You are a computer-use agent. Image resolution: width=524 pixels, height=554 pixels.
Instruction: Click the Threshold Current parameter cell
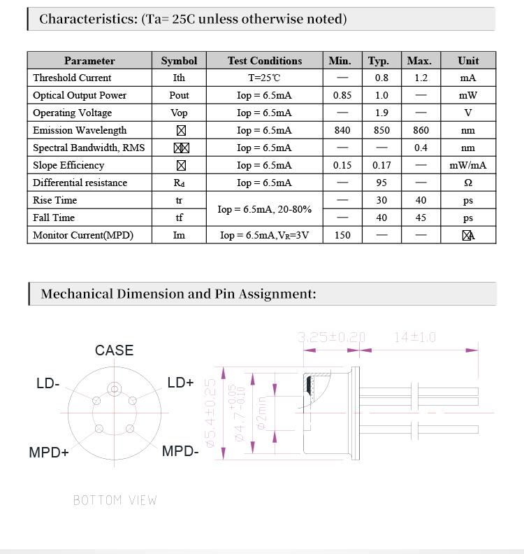coord(72,78)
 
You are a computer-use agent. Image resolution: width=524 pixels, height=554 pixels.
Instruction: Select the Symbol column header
coord(179,61)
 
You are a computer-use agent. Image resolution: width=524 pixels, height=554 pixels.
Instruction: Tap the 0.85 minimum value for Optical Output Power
coord(342,95)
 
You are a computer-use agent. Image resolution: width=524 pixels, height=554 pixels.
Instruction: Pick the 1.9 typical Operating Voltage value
coord(381,113)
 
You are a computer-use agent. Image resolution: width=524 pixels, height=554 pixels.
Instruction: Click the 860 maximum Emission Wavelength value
coord(421,130)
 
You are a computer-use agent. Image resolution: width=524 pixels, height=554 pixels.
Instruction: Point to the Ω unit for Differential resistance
coord(468,183)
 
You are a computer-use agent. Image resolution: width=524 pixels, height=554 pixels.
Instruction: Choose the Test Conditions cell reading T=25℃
coord(265,78)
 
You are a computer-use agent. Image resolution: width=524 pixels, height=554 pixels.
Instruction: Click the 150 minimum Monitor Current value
coord(342,235)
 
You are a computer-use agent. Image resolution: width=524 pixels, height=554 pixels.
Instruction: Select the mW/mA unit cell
coord(468,165)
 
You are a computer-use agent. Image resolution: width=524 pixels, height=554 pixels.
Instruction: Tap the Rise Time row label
coord(54,200)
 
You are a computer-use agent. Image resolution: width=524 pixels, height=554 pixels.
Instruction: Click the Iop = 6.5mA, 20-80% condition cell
coord(265,209)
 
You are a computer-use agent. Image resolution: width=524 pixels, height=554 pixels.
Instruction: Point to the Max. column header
coord(419,61)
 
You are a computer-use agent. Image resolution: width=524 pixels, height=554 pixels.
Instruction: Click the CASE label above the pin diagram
coord(114,350)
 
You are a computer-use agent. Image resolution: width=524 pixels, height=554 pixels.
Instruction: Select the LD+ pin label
coord(180,383)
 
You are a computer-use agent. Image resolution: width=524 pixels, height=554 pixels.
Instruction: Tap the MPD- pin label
coord(180,451)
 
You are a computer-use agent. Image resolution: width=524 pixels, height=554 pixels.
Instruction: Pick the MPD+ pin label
coord(49,453)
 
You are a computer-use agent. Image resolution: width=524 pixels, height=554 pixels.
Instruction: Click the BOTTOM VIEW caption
coord(115,500)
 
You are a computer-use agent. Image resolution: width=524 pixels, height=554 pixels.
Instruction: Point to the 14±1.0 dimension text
coord(415,337)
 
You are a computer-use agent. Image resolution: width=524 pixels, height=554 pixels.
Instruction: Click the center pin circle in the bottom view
coord(114,389)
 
